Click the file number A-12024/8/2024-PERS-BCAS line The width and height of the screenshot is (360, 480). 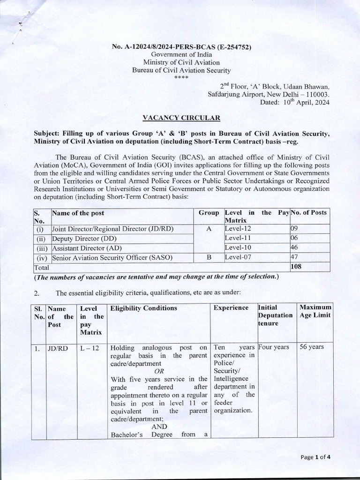tap(182, 47)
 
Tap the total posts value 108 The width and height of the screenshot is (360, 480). tap(297, 267)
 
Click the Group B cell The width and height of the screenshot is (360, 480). tap(209, 257)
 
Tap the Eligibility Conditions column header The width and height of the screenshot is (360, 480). tap(137, 308)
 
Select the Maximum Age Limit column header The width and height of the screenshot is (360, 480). tap(315, 311)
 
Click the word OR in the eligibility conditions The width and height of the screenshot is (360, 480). tap(159, 370)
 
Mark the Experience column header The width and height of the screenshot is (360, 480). tap(231, 308)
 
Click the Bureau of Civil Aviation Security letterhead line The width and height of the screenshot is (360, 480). tap(182, 71)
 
